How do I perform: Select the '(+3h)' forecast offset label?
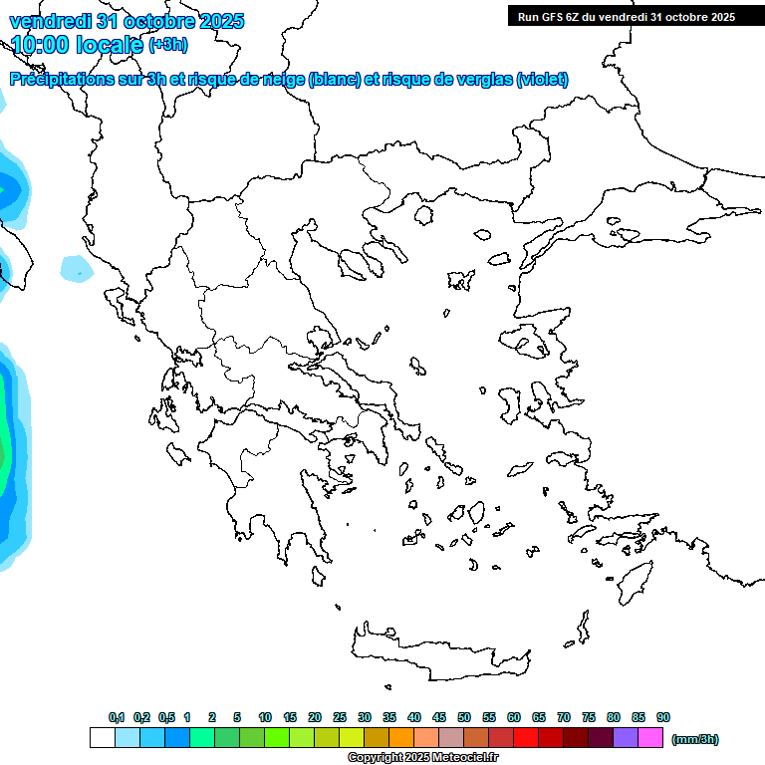pyautogui.click(x=167, y=45)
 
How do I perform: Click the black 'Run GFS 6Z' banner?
pyautogui.click(x=626, y=16)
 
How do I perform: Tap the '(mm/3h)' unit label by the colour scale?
pyautogui.click(x=695, y=739)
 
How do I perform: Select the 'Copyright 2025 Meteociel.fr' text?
pyautogui.click(x=422, y=758)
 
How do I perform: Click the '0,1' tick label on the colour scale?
pyautogui.click(x=116, y=717)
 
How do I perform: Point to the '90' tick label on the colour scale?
pyautogui.click(x=663, y=717)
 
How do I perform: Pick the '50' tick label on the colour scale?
pyautogui.click(x=464, y=717)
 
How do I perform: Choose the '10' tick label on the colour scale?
pyautogui.click(x=265, y=717)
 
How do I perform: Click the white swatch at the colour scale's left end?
pyautogui.click(x=102, y=737)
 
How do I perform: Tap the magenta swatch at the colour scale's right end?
pyautogui.click(x=650, y=737)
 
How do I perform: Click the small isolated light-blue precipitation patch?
pyautogui.click(x=74, y=267)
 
